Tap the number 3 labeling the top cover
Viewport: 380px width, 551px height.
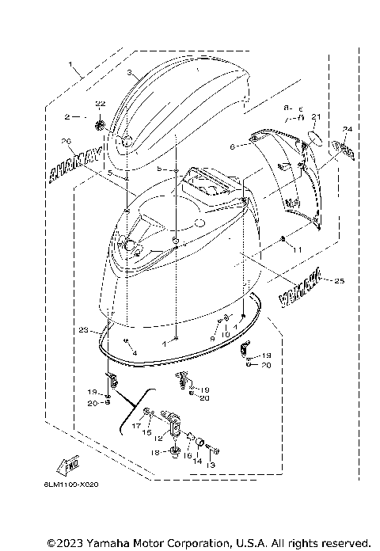[129, 72]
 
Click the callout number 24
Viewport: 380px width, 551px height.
[346, 128]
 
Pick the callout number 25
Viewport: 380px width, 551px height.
[340, 281]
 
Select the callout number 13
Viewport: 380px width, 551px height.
[211, 466]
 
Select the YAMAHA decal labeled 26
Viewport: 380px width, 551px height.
[77, 162]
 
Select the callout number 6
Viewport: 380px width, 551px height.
[232, 147]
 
